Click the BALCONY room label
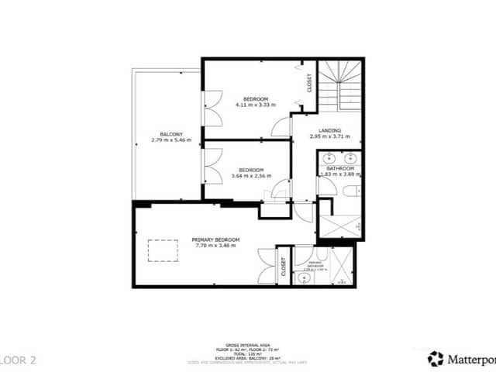click(x=167, y=133)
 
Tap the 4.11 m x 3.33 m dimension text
click(x=255, y=105)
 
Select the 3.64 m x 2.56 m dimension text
click(x=250, y=176)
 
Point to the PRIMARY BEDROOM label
click(x=217, y=239)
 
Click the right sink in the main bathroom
click(x=352, y=159)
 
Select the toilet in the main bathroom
click(x=350, y=191)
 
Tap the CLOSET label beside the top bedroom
click(x=309, y=83)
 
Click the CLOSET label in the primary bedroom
click(x=284, y=267)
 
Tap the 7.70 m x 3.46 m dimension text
click(x=217, y=246)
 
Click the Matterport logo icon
click(x=436, y=358)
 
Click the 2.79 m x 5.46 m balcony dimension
click(x=167, y=140)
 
